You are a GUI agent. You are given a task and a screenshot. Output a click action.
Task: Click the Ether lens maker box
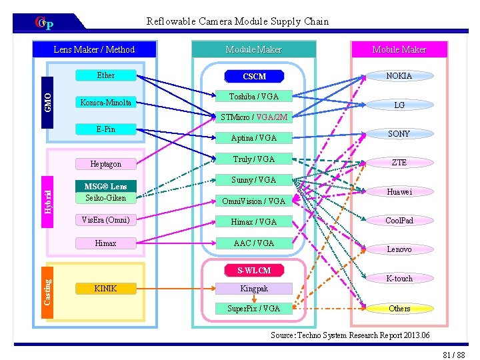coord(105,75)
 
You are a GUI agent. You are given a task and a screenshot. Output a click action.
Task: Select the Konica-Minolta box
coord(105,103)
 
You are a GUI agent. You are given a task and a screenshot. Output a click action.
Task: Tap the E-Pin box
coord(105,129)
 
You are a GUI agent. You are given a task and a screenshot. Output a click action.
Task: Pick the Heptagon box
coord(105,163)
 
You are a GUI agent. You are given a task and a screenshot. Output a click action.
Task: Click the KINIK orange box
coord(105,288)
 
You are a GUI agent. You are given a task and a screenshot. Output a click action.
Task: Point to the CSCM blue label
coord(254,77)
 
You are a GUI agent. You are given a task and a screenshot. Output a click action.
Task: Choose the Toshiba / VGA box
coord(254,96)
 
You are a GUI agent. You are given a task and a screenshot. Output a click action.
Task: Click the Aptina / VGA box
coord(253,138)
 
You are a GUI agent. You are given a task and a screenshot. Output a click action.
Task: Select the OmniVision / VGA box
coord(253,201)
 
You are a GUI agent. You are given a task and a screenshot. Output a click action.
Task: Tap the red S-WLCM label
coord(254,270)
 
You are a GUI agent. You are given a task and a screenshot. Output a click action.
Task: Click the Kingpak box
coord(253,289)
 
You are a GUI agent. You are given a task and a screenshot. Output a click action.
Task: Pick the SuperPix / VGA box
coord(253,308)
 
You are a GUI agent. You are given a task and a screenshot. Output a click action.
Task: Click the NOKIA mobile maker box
coord(399,75)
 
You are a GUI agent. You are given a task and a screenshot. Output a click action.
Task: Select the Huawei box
coord(399,191)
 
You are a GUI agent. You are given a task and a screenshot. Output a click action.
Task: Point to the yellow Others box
coord(399,308)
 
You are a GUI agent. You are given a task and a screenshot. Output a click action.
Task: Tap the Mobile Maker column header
coord(399,49)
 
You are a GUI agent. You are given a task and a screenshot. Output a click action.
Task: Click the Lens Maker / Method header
coord(94,49)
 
